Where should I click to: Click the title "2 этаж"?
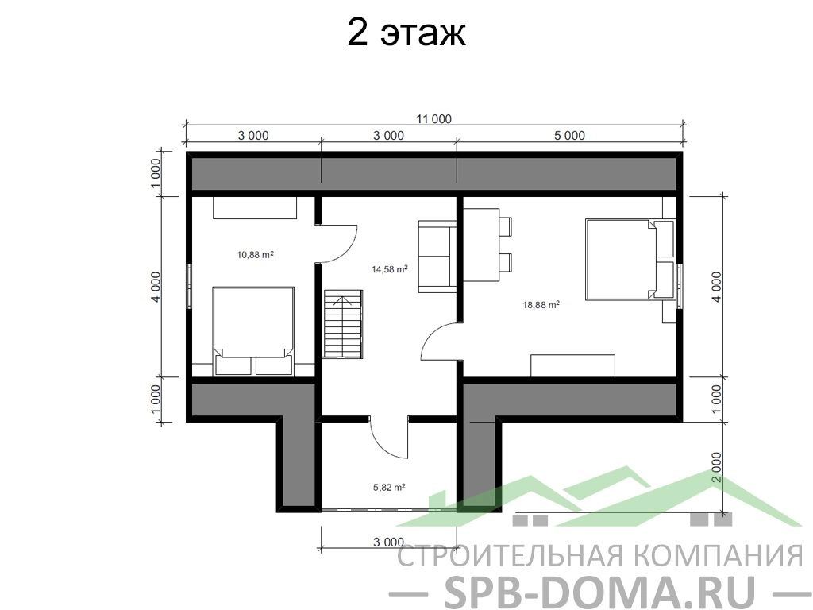coord(406,33)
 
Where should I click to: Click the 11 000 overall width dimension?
coord(434,119)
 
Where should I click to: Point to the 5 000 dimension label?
coord(569,136)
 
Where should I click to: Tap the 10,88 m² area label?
coord(255,255)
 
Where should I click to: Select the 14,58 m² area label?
coord(389,269)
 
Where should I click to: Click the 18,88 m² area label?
coord(541,305)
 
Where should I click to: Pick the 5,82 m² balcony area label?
coord(389,488)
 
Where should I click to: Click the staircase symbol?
coord(343,324)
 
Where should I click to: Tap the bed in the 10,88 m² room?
coord(253,330)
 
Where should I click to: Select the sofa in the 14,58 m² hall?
coord(437,257)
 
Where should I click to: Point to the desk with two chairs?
coord(487,245)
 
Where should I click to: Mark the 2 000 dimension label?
coord(716,467)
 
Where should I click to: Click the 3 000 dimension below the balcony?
coord(388,542)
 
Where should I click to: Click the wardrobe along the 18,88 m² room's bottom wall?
coord(572,365)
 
